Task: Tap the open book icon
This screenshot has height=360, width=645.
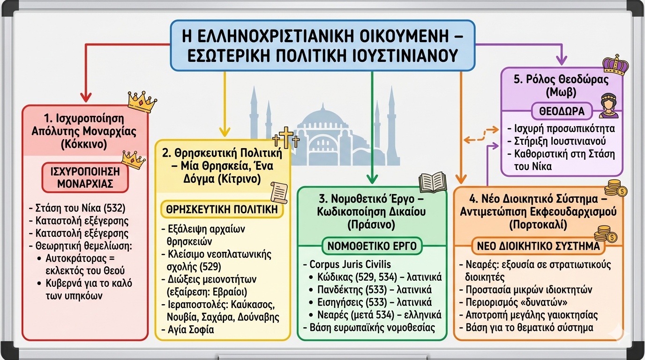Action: [x=433, y=182]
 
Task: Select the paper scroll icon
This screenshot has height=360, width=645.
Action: [x=279, y=193]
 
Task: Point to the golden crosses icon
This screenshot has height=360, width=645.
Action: [x=286, y=138]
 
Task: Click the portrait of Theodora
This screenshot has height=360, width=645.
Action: [x=608, y=105]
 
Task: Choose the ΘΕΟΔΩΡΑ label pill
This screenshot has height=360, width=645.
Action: [x=562, y=111]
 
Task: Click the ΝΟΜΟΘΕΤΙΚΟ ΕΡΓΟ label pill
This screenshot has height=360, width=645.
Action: [x=372, y=246]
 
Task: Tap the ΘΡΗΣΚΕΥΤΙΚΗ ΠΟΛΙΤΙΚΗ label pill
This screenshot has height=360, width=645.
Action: [x=222, y=210]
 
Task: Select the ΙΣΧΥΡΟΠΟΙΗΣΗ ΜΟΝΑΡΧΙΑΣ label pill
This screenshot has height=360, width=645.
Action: [x=85, y=178]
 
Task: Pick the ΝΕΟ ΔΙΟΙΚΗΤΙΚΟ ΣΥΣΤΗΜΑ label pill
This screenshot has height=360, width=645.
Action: [x=538, y=246]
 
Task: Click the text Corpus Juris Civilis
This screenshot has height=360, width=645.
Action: [x=350, y=264]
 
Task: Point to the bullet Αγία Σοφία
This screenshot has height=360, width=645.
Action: [x=188, y=330]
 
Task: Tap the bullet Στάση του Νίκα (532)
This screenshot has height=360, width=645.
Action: [x=77, y=208]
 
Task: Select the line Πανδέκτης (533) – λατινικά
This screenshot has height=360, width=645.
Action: [x=375, y=289]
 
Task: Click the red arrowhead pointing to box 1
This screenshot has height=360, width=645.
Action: [x=85, y=97]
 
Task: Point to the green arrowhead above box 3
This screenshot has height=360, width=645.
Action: [x=372, y=179]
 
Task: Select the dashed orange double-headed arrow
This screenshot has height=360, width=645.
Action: [x=481, y=135]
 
